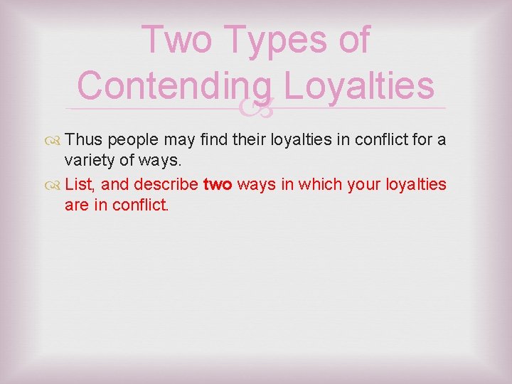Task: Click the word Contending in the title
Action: click(x=174, y=85)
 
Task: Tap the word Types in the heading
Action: click(x=273, y=40)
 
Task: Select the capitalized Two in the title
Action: click(x=181, y=40)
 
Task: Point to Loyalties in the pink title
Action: click(x=358, y=85)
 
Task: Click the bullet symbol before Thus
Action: click(x=54, y=140)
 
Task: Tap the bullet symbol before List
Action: click(x=54, y=186)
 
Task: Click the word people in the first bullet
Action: click(x=134, y=140)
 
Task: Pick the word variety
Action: click(x=89, y=162)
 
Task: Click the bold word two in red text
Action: click(x=218, y=185)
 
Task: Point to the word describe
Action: click(x=169, y=185)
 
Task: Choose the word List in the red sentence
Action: click(x=78, y=185)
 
